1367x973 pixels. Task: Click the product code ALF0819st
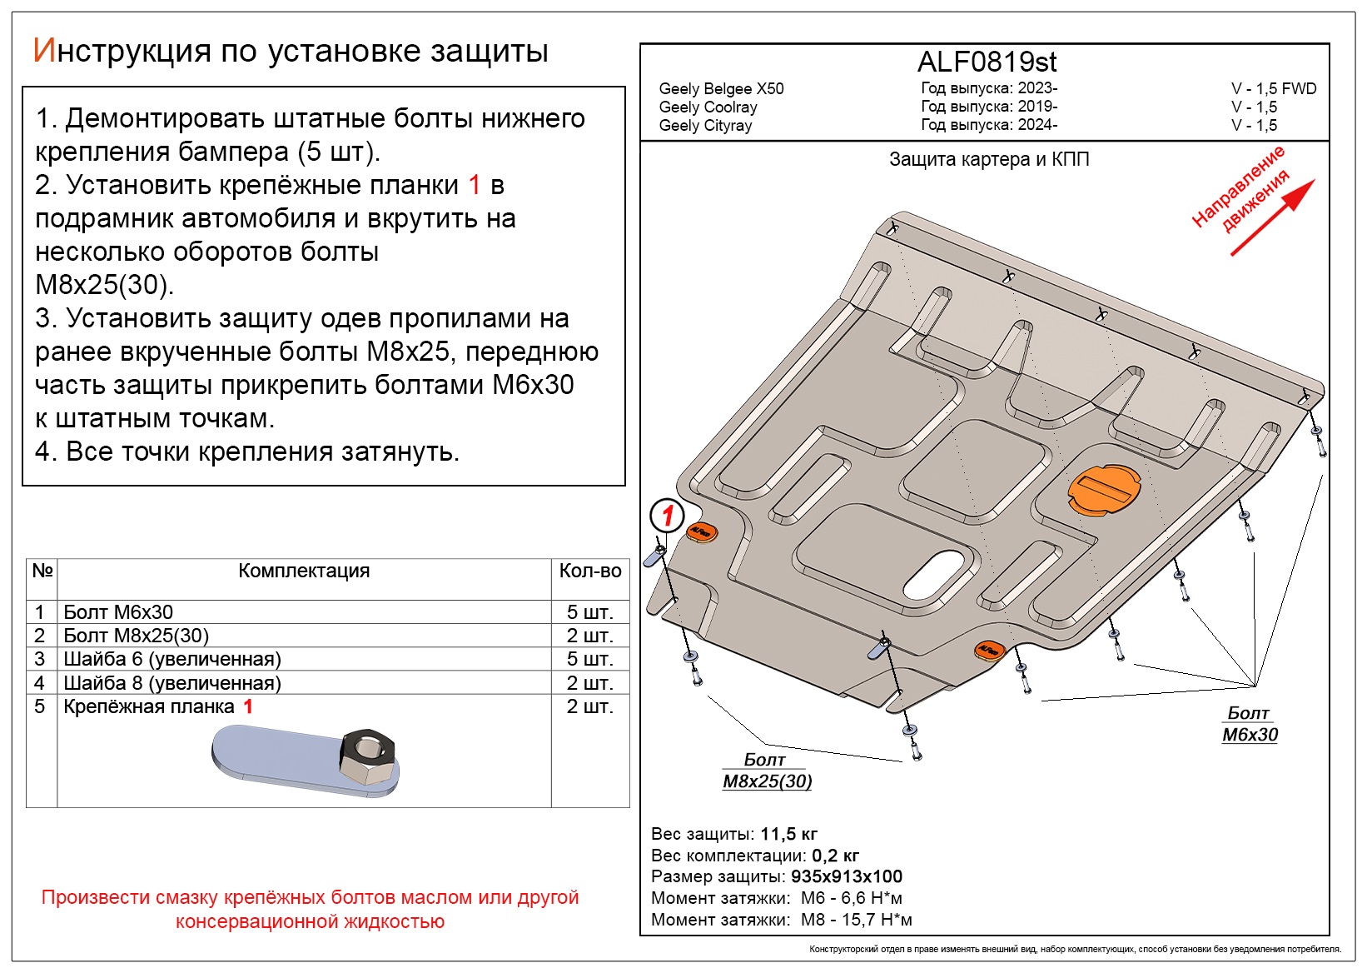[987, 62]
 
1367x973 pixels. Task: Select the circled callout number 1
[667, 516]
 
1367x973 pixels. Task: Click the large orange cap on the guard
[1104, 489]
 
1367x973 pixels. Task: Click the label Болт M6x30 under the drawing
[1250, 724]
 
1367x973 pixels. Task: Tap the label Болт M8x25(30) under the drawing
[767, 771]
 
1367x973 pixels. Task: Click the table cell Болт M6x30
[118, 611]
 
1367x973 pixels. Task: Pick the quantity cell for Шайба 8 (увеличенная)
[589, 682]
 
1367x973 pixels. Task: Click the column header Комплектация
[304, 571]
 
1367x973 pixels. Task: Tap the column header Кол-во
[589, 571]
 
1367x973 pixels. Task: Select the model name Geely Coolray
[708, 107]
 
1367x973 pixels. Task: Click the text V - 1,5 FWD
[1274, 88]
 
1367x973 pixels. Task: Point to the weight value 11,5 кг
[788, 834]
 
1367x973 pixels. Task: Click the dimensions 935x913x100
[846, 876]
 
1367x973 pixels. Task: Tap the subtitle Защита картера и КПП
[988, 159]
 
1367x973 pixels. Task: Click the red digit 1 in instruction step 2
[475, 185]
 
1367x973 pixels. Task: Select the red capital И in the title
[43, 51]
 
